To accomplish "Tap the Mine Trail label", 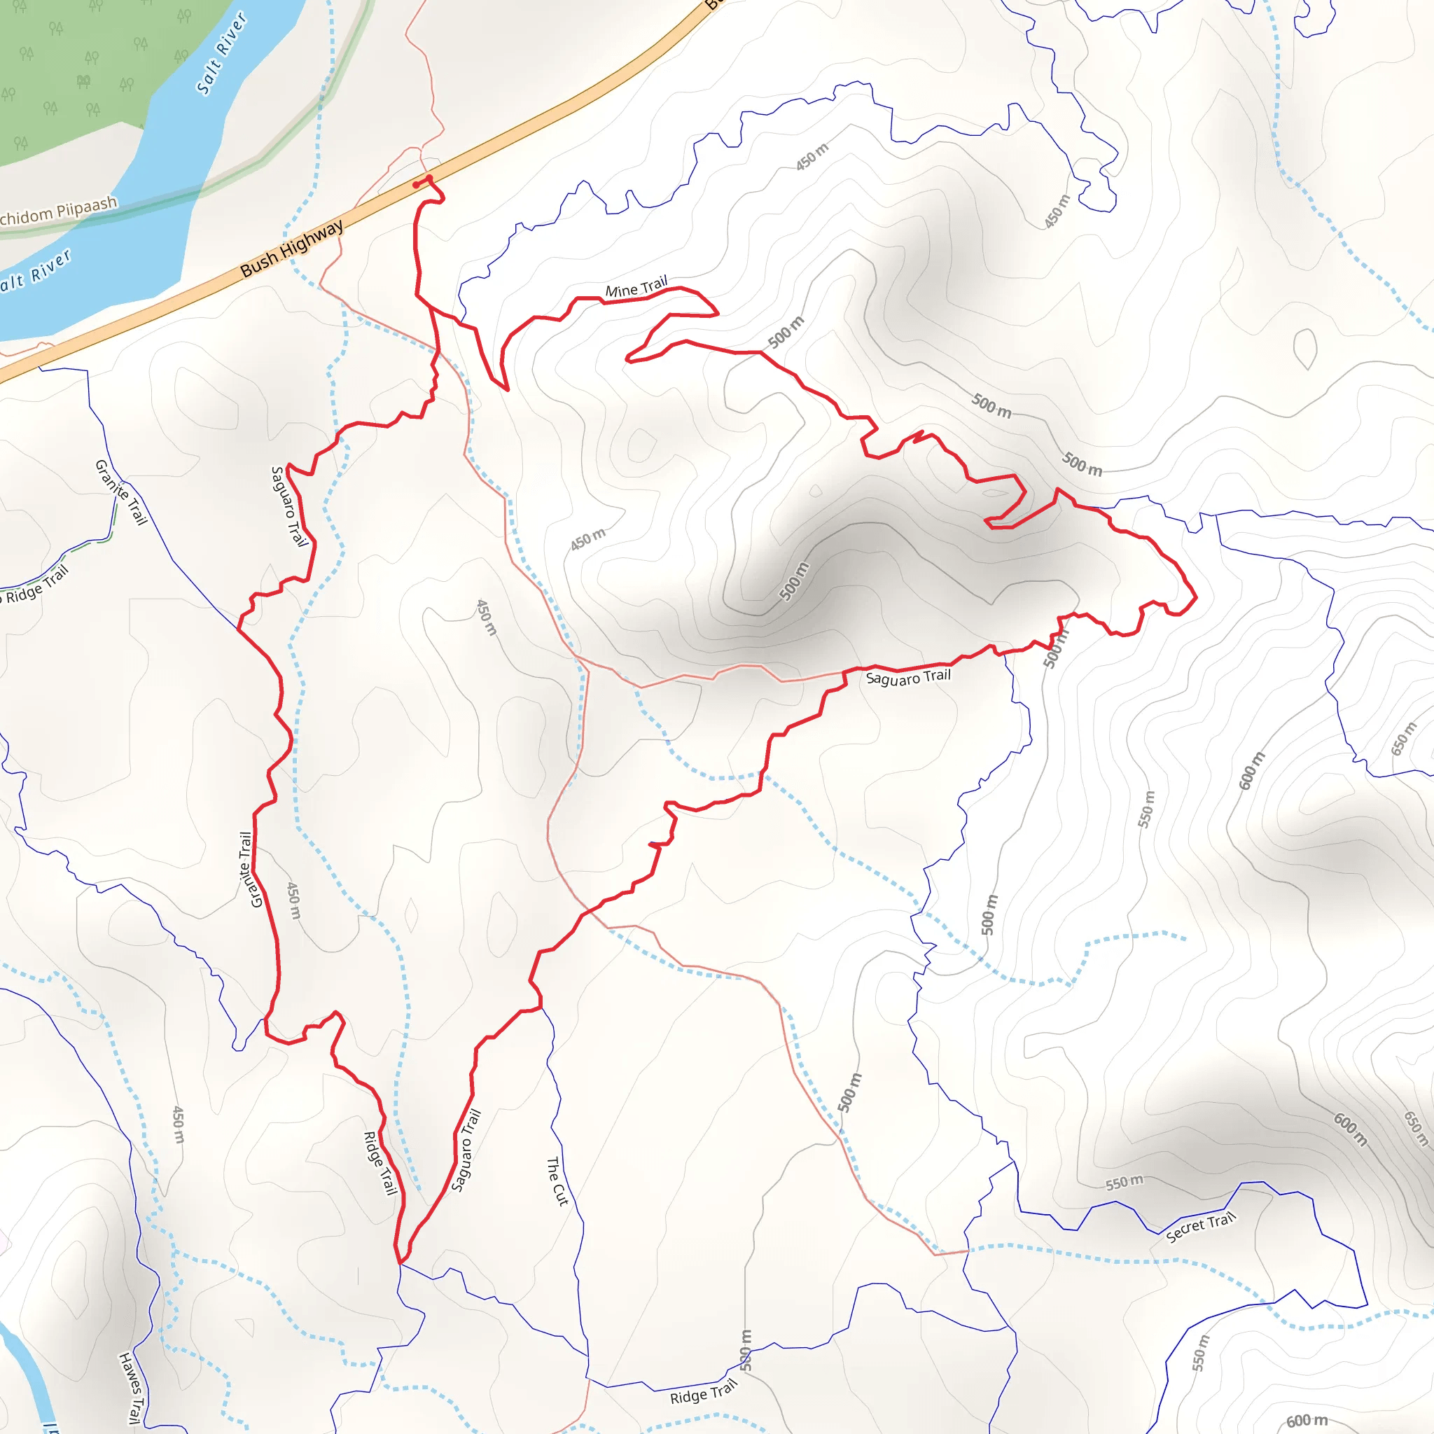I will point(636,287).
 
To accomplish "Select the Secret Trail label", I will point(1200,1226).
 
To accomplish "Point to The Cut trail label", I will point(557,1180).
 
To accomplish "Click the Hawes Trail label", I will point(130,1387).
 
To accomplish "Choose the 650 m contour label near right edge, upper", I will point(1404,739).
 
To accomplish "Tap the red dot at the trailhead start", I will point(416,185).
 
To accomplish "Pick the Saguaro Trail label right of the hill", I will point(907,677).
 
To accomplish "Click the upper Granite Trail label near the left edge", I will point(121,492).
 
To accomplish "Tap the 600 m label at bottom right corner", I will point(1308,1419).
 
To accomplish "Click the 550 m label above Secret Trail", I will point(1125,1183).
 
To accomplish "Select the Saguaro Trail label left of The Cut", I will point(466,1150).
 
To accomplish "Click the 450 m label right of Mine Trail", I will point(812,157).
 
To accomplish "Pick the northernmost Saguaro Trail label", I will point(288,506).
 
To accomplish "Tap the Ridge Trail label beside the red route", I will point(380,1162).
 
